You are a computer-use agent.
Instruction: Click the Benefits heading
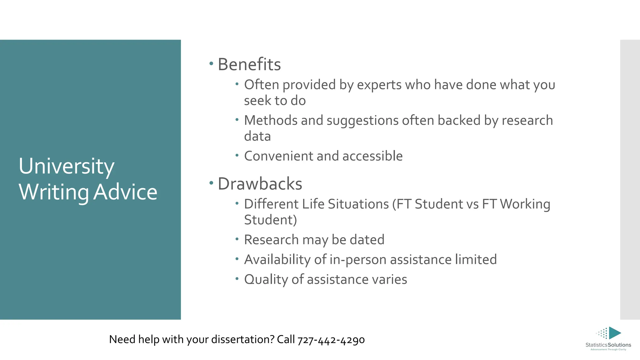click(x=249, y=64)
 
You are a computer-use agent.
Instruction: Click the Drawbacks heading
click(x=260, y=184)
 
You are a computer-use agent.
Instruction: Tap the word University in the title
click(x=67, y=166)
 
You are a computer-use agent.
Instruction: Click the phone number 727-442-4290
click(x=331, y=340)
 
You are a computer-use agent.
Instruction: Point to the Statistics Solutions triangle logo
click(x=614, y=333)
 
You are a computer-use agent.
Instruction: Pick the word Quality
click(x=266, y=279)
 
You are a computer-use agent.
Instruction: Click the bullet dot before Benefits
click(x=211, y=64)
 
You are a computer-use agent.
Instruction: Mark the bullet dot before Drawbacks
click(x=211, y=183)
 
